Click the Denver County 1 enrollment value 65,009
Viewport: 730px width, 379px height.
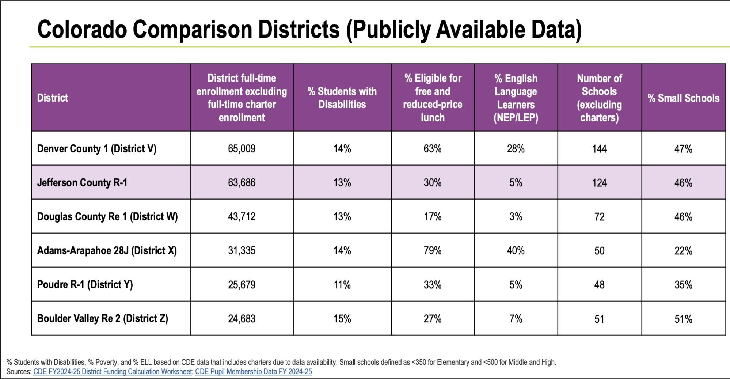(x=242, y=149)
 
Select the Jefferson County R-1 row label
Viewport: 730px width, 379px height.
(x=82, y=182)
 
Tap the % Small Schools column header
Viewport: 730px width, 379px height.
(x=683, y=98)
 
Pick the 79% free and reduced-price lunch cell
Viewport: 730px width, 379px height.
(x=433, y=251)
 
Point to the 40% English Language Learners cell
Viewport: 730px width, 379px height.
(x=516, y=251)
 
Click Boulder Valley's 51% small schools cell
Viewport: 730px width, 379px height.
(x=683, y=319)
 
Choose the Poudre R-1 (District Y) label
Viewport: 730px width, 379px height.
(x=85, y=284)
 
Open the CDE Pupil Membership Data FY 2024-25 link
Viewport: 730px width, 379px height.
(x=253, y=372)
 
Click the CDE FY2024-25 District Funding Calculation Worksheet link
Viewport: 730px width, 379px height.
(x=113, y=372)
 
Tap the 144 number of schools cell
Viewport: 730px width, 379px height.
(x=599, y=149)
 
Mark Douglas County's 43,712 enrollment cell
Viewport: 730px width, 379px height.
(x=242, y=217)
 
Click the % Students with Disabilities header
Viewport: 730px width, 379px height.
(x=342, y=98)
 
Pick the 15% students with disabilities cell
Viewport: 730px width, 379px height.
(x=342, y=319)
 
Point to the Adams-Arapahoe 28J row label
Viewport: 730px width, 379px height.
(x=107, y=251)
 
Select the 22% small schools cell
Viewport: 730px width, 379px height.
(x=683, y=251)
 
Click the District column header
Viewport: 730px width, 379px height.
(x=53, y=98)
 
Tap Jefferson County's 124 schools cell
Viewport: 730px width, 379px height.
(x=599, y=183)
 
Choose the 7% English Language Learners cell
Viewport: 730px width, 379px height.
(x=516, y=319)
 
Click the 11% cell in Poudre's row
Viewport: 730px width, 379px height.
(x=342, y=285)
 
